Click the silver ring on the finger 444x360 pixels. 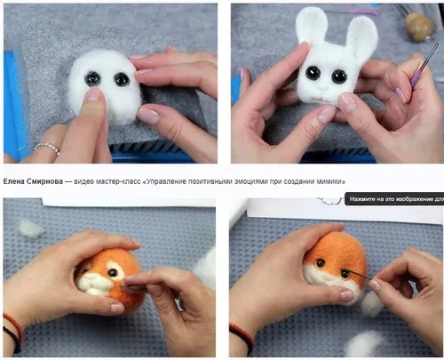(47, 148)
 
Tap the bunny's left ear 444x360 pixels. (312, 26)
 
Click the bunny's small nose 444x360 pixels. (325, 88)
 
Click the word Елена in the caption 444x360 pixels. (13, 181)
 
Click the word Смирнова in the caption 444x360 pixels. (44, 181)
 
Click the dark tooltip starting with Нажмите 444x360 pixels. (394, 199)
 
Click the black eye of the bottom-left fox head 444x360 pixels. (112, 273)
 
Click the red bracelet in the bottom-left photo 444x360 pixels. (13, 327)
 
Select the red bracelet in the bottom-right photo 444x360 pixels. (242, 335)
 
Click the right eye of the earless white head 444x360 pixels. (121, 79)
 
